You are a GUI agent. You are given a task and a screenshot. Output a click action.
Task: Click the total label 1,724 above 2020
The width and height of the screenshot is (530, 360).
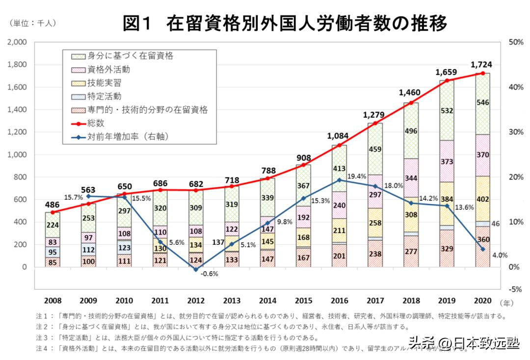[x=481, y=64]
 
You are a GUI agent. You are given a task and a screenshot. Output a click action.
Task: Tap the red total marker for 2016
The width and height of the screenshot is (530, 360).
[x=340, y=145]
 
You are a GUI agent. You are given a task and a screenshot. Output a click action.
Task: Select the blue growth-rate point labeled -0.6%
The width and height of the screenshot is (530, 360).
[x=196, y=270]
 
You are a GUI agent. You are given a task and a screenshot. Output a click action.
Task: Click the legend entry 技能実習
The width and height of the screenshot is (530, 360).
[x=105, y=83]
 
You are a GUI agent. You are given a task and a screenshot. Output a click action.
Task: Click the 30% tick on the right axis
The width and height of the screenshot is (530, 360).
[x=515, y=132]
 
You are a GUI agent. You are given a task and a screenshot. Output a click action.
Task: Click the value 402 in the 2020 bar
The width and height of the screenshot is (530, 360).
[x=483, y=200]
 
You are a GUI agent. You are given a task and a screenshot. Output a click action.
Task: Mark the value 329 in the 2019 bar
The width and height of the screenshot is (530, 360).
[x=447, y=250]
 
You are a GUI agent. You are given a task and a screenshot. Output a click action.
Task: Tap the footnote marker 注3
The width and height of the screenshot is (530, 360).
[x=42, y=338]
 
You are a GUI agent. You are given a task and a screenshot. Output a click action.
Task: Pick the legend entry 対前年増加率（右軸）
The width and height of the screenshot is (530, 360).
[x=129, y=137]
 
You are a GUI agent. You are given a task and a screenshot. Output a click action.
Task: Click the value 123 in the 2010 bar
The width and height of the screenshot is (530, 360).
[x=124, y=247]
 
